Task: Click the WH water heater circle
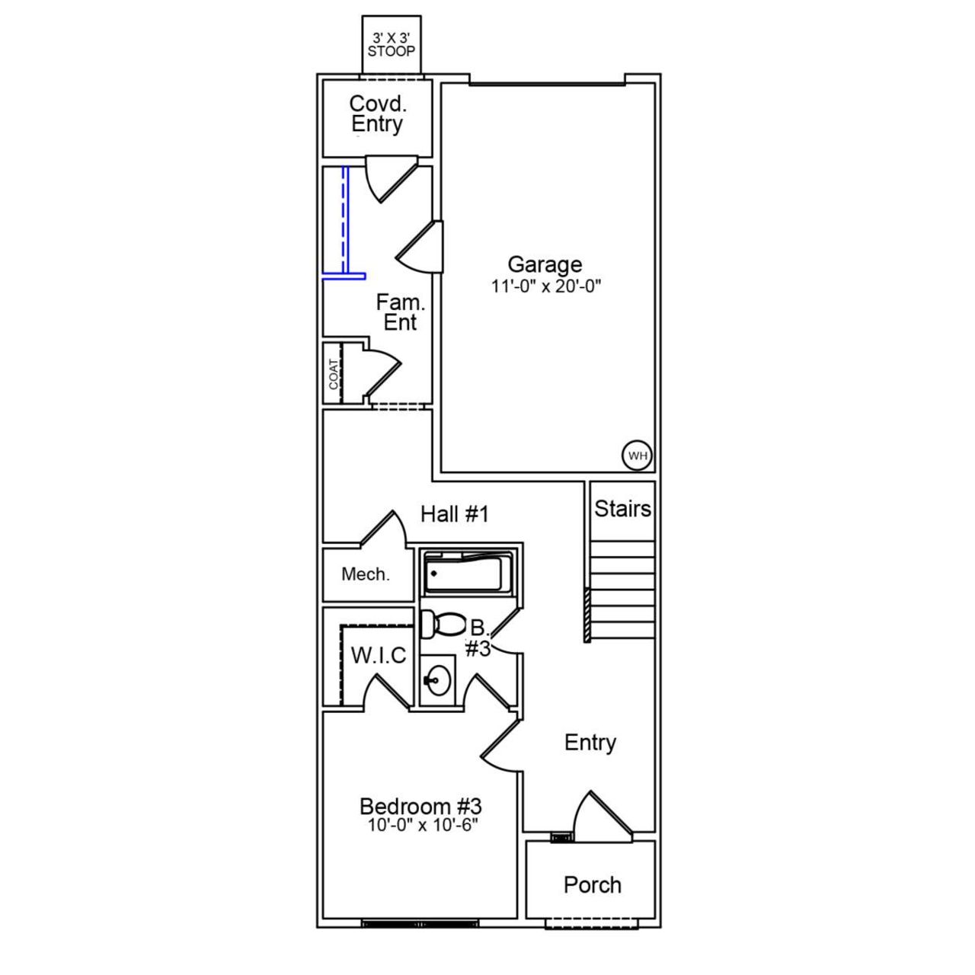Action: pos(638,456)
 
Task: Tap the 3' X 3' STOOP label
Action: pos(392,45)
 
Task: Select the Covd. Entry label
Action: pos(377,113)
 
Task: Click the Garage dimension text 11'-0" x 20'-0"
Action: pos(546,286)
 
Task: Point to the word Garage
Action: pos(545,264)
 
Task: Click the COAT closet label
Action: pos(334,374)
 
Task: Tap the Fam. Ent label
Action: pos(400,312)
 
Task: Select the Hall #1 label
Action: pos(454,514)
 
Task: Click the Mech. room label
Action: pos(366,574)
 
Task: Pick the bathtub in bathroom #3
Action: pos(463,574)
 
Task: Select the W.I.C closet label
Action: pos(378,655)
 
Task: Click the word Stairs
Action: pos(622,509)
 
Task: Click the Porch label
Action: pos(592,885)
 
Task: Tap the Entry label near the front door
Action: pos(590,743)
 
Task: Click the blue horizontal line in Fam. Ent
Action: pos(344,276)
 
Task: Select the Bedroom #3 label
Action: pos(420,806)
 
